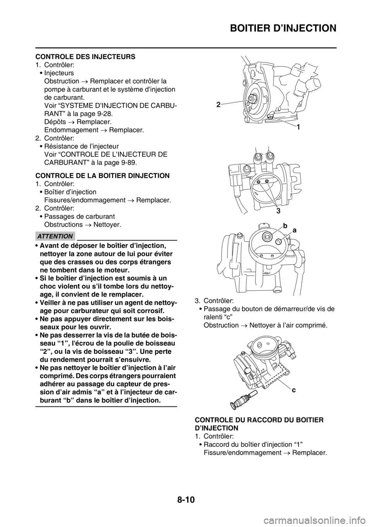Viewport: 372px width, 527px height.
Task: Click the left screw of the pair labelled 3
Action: point(258,182)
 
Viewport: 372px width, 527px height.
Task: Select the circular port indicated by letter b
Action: point(267,236)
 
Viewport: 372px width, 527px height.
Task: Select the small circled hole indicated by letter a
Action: point(279,241)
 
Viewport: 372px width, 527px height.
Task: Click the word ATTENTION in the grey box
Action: point(55,236)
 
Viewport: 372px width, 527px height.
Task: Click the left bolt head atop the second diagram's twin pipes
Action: point(257,157)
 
